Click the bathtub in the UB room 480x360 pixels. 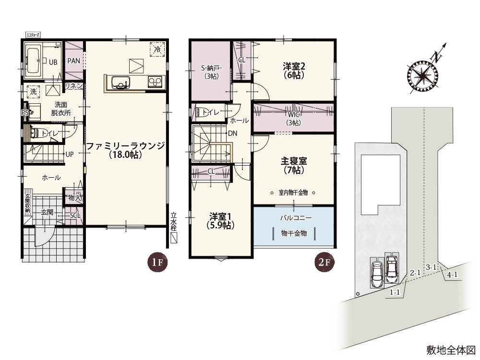tap(33, 60)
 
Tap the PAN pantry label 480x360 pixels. tap(73, 61)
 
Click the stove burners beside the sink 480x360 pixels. tap(155, 82)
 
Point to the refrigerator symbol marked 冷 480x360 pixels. tap(157, 48)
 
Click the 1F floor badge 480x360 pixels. tap(156, 263)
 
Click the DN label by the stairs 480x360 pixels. tap(233, 133)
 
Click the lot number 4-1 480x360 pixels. tap(452, 275)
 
